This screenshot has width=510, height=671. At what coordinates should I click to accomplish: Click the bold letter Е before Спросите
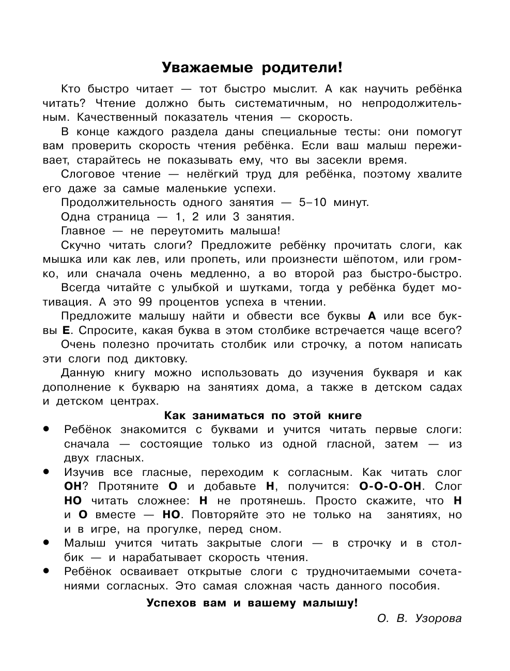tap(66, 330)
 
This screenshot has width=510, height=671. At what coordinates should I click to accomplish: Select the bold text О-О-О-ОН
tap(391, 486)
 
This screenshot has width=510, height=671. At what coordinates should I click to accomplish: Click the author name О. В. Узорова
tap(420, 618)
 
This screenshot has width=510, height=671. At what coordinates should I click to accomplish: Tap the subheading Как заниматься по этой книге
tap(262, 416)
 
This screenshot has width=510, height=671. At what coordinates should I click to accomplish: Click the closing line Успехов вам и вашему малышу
tap(252, 603)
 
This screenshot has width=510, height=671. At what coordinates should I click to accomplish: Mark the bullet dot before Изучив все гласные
tap(47, 471)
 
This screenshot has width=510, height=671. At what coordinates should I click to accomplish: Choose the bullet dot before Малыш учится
tap(47, 542)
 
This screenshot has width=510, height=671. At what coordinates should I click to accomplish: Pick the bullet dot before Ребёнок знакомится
tap(47, 428)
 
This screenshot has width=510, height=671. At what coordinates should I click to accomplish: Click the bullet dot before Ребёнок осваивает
tap(47, 571)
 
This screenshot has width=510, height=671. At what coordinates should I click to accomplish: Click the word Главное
tap(83, 231)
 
